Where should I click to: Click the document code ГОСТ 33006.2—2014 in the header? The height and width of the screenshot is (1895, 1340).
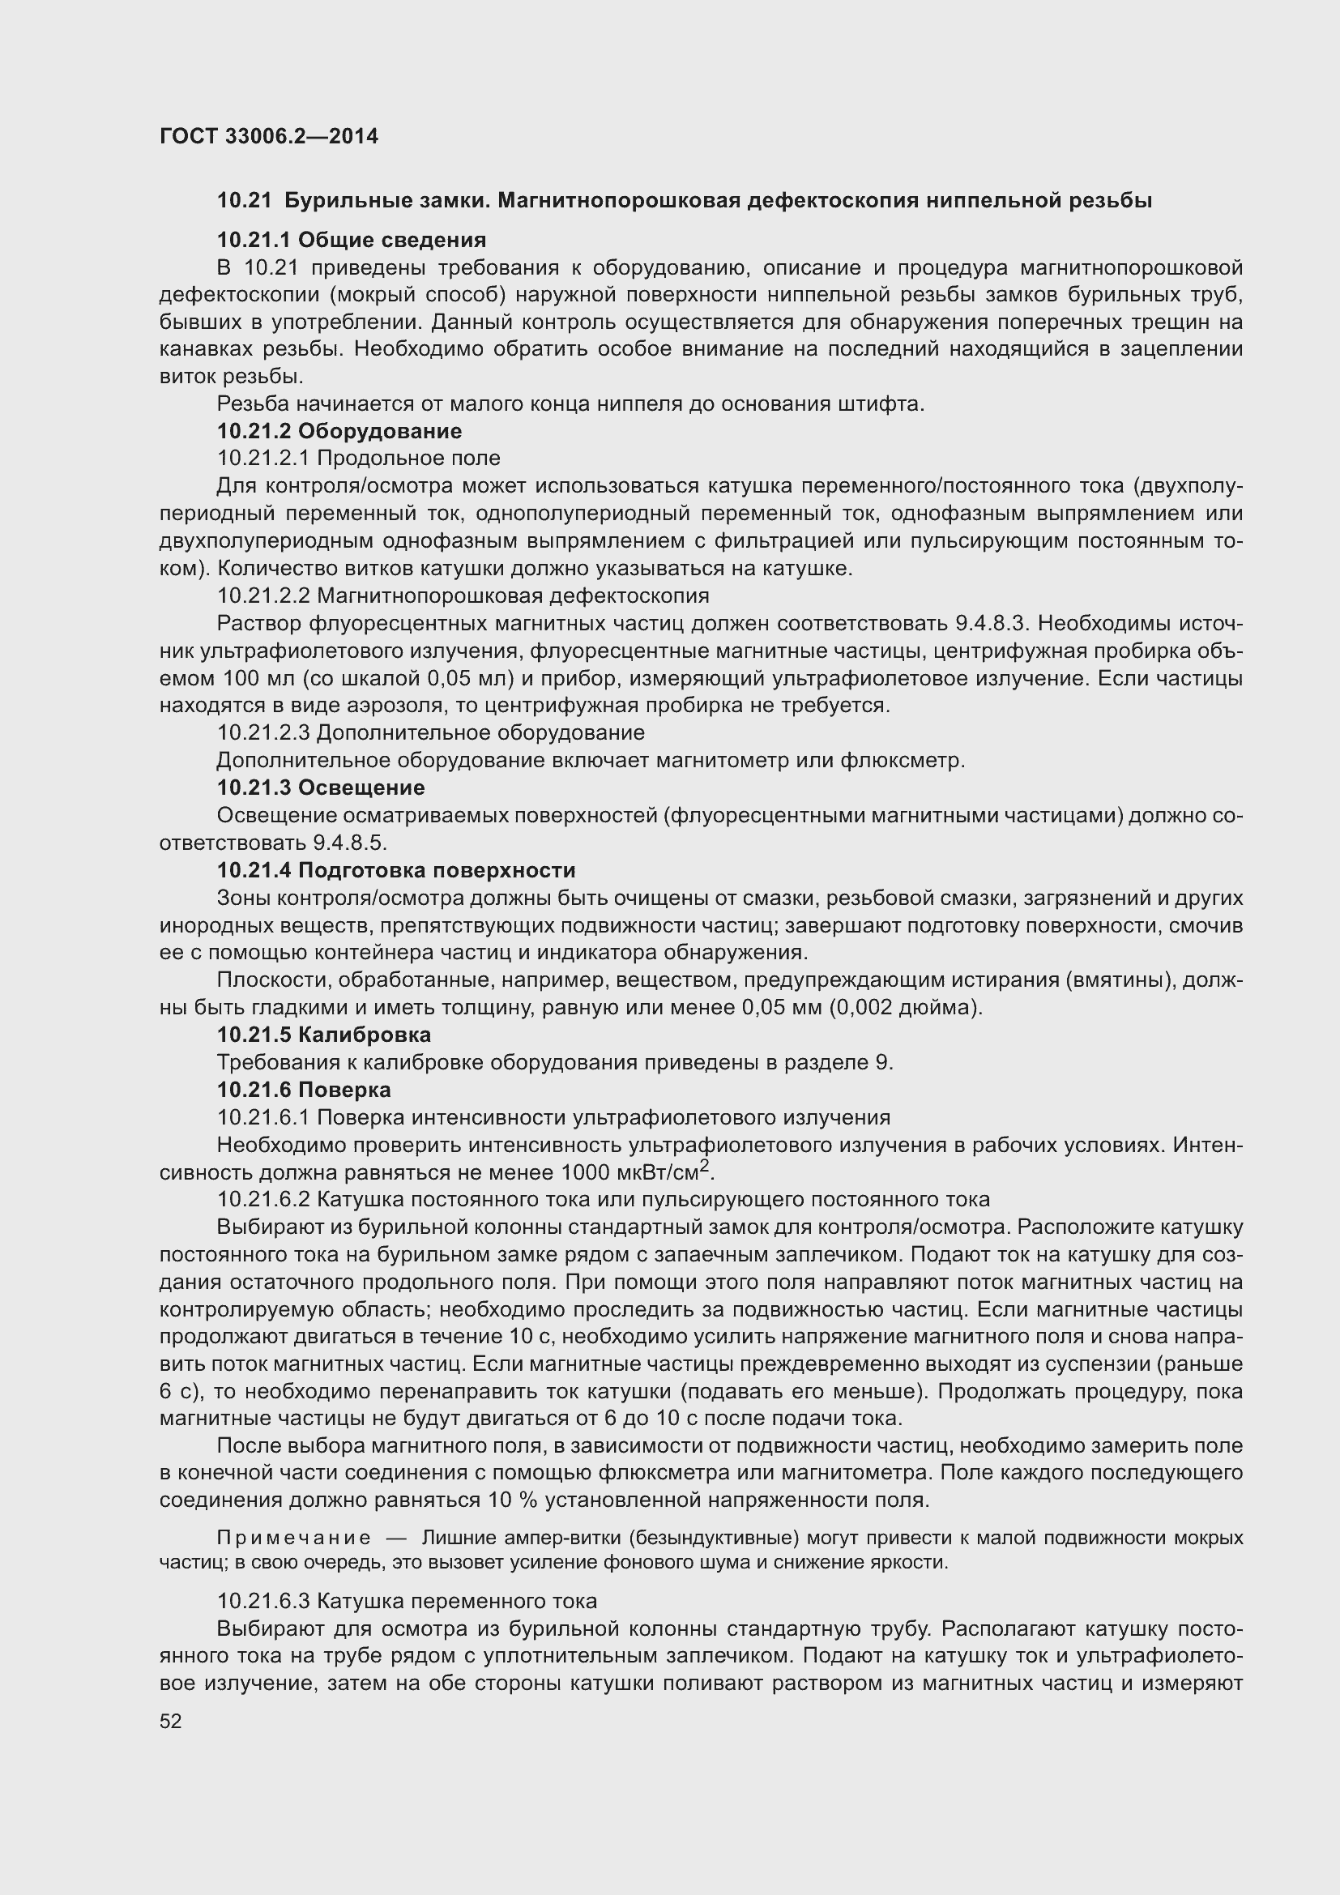pyautogui.click(x=268, y=136)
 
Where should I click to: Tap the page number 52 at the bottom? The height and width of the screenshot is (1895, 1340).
pyautogui.click(x=171, y=1721)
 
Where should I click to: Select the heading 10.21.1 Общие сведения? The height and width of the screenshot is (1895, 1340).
pyautogui.click(x=352, y=240)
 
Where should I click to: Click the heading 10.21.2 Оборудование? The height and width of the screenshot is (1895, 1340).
pyautogui.click(x=339, y=431)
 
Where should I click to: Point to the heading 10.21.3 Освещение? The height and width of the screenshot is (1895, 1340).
pyautogui.click(x=321, y=787)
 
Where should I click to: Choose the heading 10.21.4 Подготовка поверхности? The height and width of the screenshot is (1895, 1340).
pyautogui.click(x=396, y=870)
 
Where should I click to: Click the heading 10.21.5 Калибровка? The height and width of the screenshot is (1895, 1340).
pyautogui.click(x=323, y=1034)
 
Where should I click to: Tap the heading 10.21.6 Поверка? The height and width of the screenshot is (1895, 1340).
pyautogui.click(x=304, y=1090)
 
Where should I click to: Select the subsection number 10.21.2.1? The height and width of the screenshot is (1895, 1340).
pyautogui.click(x=263, y=458)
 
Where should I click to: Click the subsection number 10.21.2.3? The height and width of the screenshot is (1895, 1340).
pyautogui.click(x=263, y=733)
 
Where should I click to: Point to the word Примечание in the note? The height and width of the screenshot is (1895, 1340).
pyautogui.click(x=293, y=1538)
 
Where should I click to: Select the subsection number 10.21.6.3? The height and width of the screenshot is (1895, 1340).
pyautogui.click(x=263, y=1601)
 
